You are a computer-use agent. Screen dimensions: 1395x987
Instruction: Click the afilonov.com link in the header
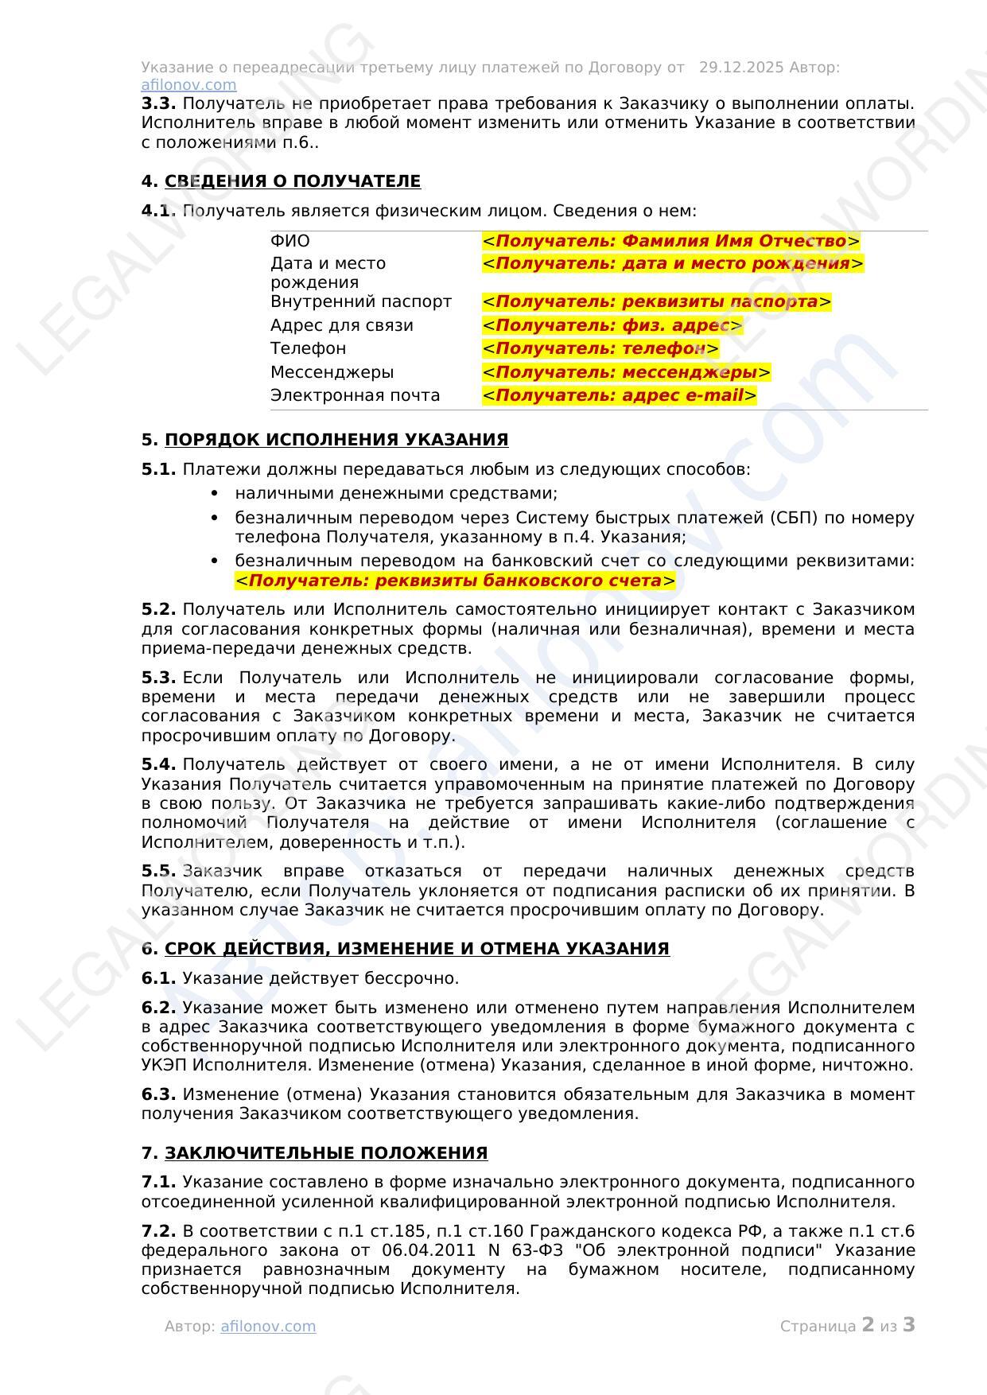click(188, 85)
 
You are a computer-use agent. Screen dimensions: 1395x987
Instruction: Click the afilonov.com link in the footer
click(268, 1326)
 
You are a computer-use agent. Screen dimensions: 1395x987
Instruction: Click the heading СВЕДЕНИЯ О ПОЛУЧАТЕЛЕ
click(292, 181)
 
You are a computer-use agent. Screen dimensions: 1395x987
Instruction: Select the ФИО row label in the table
click(290, 241)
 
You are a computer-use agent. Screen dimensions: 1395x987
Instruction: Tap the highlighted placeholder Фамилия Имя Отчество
click(670, 241)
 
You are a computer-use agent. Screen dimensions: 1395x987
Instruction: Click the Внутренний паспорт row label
click(360, 301)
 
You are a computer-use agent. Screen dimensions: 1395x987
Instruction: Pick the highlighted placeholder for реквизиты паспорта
click(656, 301)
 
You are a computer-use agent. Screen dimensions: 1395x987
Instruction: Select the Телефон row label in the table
click(308, 348)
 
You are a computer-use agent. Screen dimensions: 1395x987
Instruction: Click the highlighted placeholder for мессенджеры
click(626, 372)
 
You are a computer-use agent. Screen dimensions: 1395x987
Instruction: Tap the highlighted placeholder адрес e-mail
click(619, 395)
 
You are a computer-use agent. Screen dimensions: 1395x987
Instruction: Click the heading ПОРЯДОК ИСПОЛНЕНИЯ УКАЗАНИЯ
click(336, 440)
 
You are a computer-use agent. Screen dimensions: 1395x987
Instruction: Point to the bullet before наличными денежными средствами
click(215, 494)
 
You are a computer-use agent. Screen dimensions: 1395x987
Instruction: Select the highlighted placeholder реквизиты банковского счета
click(455, 581)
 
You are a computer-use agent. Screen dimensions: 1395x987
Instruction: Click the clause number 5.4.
click(158, 764)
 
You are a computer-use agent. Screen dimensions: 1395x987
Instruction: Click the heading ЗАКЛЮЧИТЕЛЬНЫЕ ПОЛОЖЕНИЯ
click(325, 1153)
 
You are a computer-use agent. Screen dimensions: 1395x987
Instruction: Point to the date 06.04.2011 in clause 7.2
click(426, 1250)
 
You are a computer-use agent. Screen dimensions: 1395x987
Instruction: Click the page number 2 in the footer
click(868, 1325)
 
